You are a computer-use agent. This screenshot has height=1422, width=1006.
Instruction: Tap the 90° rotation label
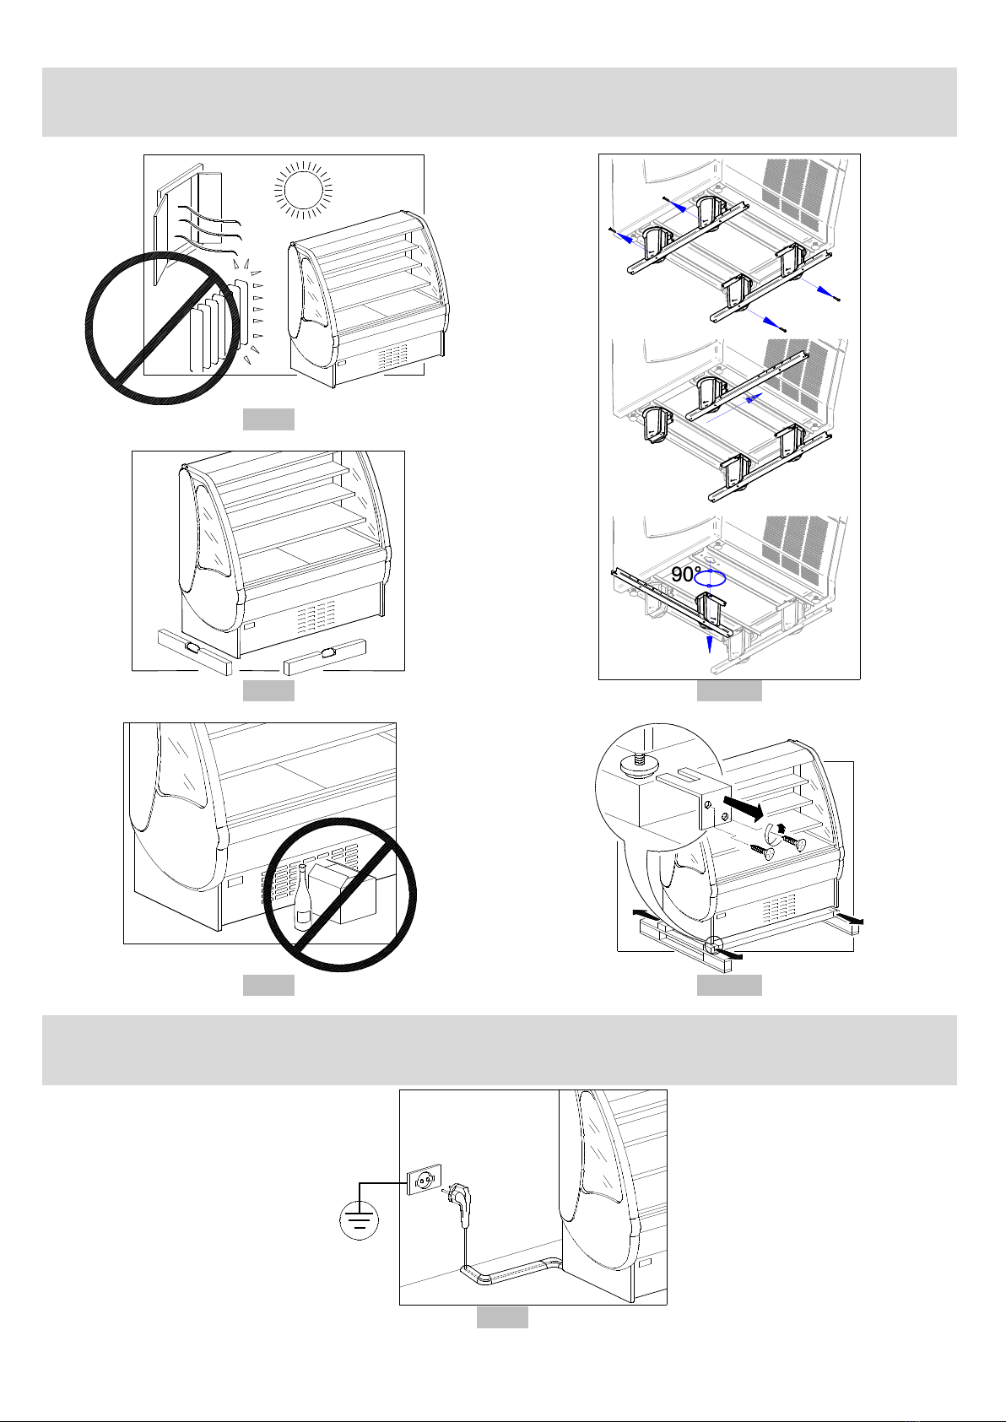[686, 575]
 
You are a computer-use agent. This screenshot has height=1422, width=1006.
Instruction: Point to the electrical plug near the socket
[460, 1198]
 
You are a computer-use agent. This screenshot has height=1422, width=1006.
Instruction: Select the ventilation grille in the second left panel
[318, 617]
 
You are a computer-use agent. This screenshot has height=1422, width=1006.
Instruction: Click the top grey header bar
[499, 102]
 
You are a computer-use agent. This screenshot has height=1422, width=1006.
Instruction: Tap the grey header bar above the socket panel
[499, 1050]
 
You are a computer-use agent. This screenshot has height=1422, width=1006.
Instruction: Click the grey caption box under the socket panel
[502, 1317]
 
